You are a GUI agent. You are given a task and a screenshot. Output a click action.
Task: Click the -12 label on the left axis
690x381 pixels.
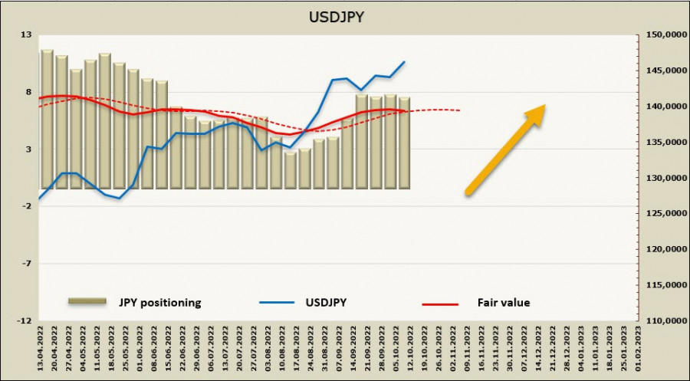[x=24, y=320]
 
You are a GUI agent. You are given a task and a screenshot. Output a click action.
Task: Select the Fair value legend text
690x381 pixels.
[x=504, y=303]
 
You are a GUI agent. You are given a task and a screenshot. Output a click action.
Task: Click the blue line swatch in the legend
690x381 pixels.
[x=278, y=303]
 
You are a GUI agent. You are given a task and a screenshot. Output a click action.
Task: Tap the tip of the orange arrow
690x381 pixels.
[x=544, y=106]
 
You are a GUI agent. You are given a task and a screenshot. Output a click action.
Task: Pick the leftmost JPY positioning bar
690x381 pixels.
[x=47, y=119]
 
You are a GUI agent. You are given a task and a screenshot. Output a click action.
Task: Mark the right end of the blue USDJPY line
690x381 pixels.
[x=405, y=62]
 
